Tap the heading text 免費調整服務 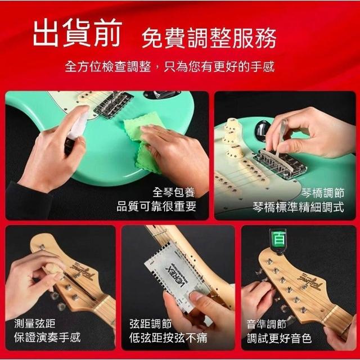(x=209, y=38)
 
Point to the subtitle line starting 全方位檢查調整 (x=170, y=67)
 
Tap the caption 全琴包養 (x=174, y=192)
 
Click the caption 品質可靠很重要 (x=156, y=206)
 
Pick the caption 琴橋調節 (x=322, y=192)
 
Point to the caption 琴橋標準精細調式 (x=299, y=207)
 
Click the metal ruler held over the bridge (x=281, y=136)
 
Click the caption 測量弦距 (x=35, y=323)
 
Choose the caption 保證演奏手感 (x=47, y=337)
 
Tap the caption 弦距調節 (x=150, y=324)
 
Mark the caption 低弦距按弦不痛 (x=168, y=337)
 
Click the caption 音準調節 (x=267, y=325)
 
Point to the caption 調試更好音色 (x=279, y=338)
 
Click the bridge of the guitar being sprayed (x=114, y=105)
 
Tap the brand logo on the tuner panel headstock (x=310, y=282)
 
